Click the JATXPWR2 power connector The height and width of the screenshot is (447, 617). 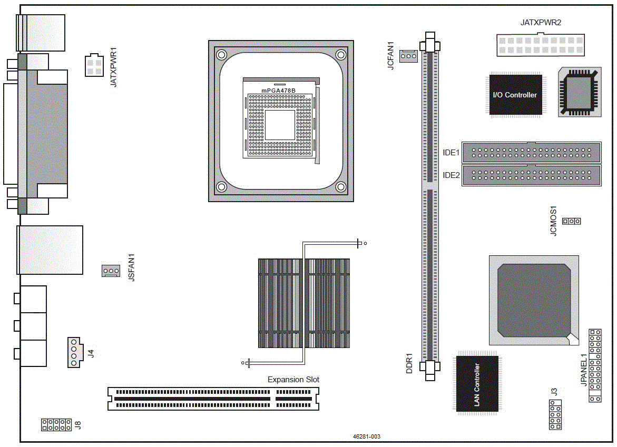540,45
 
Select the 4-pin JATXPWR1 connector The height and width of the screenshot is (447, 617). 94,65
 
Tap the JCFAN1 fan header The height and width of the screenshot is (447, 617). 408,56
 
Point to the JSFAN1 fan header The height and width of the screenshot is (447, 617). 111,271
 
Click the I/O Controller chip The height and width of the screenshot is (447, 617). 515,95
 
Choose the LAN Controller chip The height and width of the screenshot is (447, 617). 477,384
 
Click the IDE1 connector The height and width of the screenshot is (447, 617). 531,153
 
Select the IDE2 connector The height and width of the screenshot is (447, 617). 531,175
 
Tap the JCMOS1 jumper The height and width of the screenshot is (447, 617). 571,221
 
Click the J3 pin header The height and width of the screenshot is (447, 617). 555,415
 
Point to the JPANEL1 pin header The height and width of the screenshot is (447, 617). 595,365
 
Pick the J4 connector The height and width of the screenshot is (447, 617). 75,352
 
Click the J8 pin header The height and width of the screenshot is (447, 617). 56,424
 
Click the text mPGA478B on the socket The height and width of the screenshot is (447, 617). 278,91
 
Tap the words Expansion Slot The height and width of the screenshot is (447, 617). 293,380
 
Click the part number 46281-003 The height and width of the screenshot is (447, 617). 366,436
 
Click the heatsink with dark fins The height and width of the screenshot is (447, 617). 304,303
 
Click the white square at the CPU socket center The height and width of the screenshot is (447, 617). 280,125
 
